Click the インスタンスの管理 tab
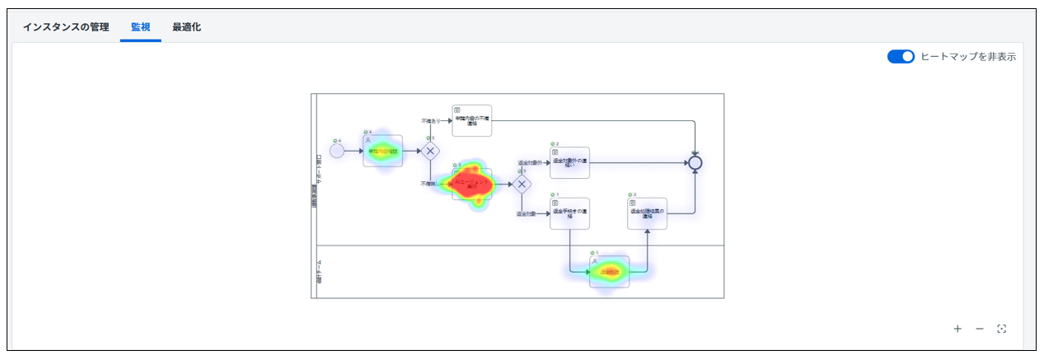click(x=66, y=27)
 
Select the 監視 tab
click(x=140, y=27)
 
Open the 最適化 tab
click(x=186, y=27)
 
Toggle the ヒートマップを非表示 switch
click(x=901, y=57)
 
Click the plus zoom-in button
click(x=957, y=329)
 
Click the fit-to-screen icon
click(x=1002, y=329)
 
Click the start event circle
click(x=336, y=151)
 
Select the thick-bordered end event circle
click(x=695, y=162)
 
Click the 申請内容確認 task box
click(x=383, y=151)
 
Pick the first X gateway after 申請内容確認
click(x=430, y=151)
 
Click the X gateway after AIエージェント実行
click(x=522, y=184)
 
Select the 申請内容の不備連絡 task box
click(x=472, y=121)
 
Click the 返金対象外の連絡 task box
click(x=569, y=162)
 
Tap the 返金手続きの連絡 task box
click(x=569, y=213)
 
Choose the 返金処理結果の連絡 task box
click(x=647, y=213)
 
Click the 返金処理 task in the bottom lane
click(x=610, y=272)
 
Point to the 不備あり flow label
click(x=431, y=121)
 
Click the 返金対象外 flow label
click(x=530, y=163)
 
